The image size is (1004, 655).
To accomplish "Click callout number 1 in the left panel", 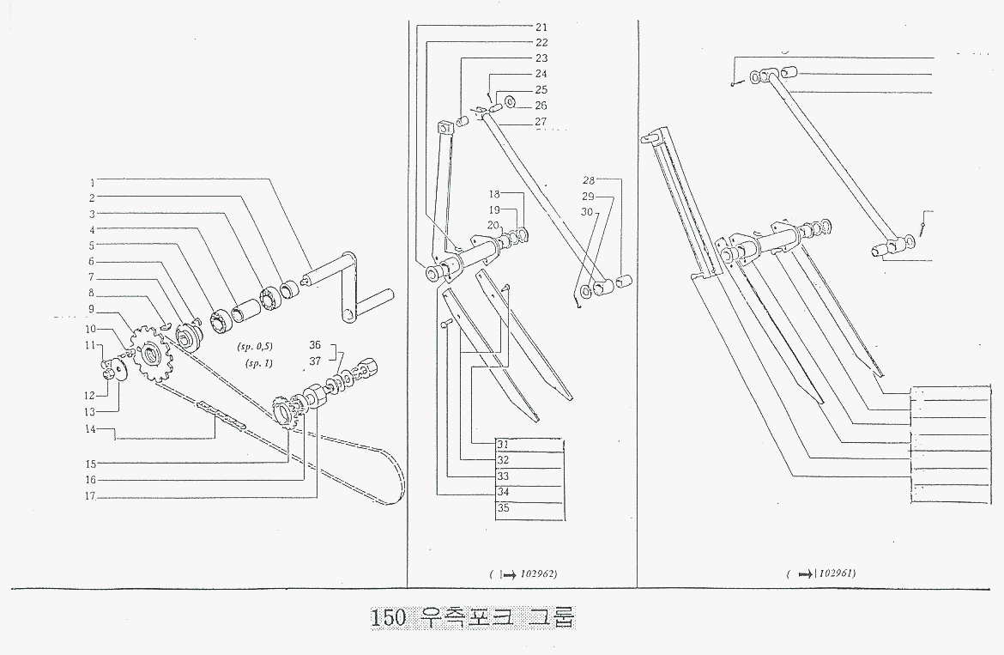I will [x=90, y=182].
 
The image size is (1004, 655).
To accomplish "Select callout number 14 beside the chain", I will [x=88, y=428].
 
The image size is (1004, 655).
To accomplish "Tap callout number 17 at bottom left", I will [x=88, y=496].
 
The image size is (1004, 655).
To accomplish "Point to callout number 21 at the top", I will [x=541, y=27].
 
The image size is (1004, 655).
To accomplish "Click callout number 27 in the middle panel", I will [x=541, y=122].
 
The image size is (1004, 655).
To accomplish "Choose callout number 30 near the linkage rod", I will [x=587, y=211].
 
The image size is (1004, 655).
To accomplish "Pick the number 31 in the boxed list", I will [x=503, y=445].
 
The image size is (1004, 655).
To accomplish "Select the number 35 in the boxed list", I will [x=503, y=507].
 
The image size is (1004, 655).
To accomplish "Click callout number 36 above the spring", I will [x=315, y=344].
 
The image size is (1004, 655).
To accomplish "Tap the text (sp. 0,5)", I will [x=252, y=350].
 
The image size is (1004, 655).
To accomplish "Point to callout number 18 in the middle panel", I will [x=494, y=195].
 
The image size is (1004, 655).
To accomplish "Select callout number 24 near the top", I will [x=541, y=75].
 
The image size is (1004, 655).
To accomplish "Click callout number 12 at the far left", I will [x=88, y=395].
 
